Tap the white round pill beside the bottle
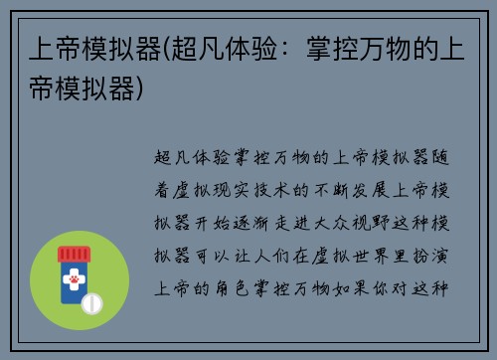click(x=92, y=300)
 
